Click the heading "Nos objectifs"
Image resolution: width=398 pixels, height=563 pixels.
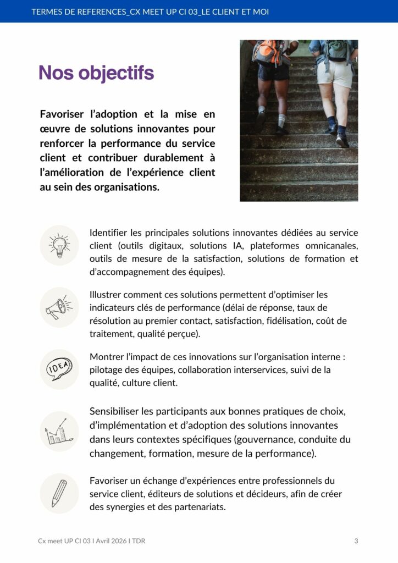pyautogui.click(x=96, y=73)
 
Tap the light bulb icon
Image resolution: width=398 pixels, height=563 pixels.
pyautogui.click(x=59, y=245)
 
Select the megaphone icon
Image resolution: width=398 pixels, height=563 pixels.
pyautogui.click(x=59, y=307)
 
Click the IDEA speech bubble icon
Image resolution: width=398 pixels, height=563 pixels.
pyautogui.click(x=59, y=369)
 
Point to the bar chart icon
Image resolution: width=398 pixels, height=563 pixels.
pyautogui.click(x=59, y=432)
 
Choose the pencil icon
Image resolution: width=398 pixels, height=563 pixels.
pyautogui.click(x=59, y=493)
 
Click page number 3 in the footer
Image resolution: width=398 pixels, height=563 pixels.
pyautogui.click(x=356, y=541)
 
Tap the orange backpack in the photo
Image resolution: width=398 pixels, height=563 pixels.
pyautogui.click(x=269, y=53)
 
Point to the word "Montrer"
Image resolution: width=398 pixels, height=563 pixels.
pyautogui.click(x=107, y=357)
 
